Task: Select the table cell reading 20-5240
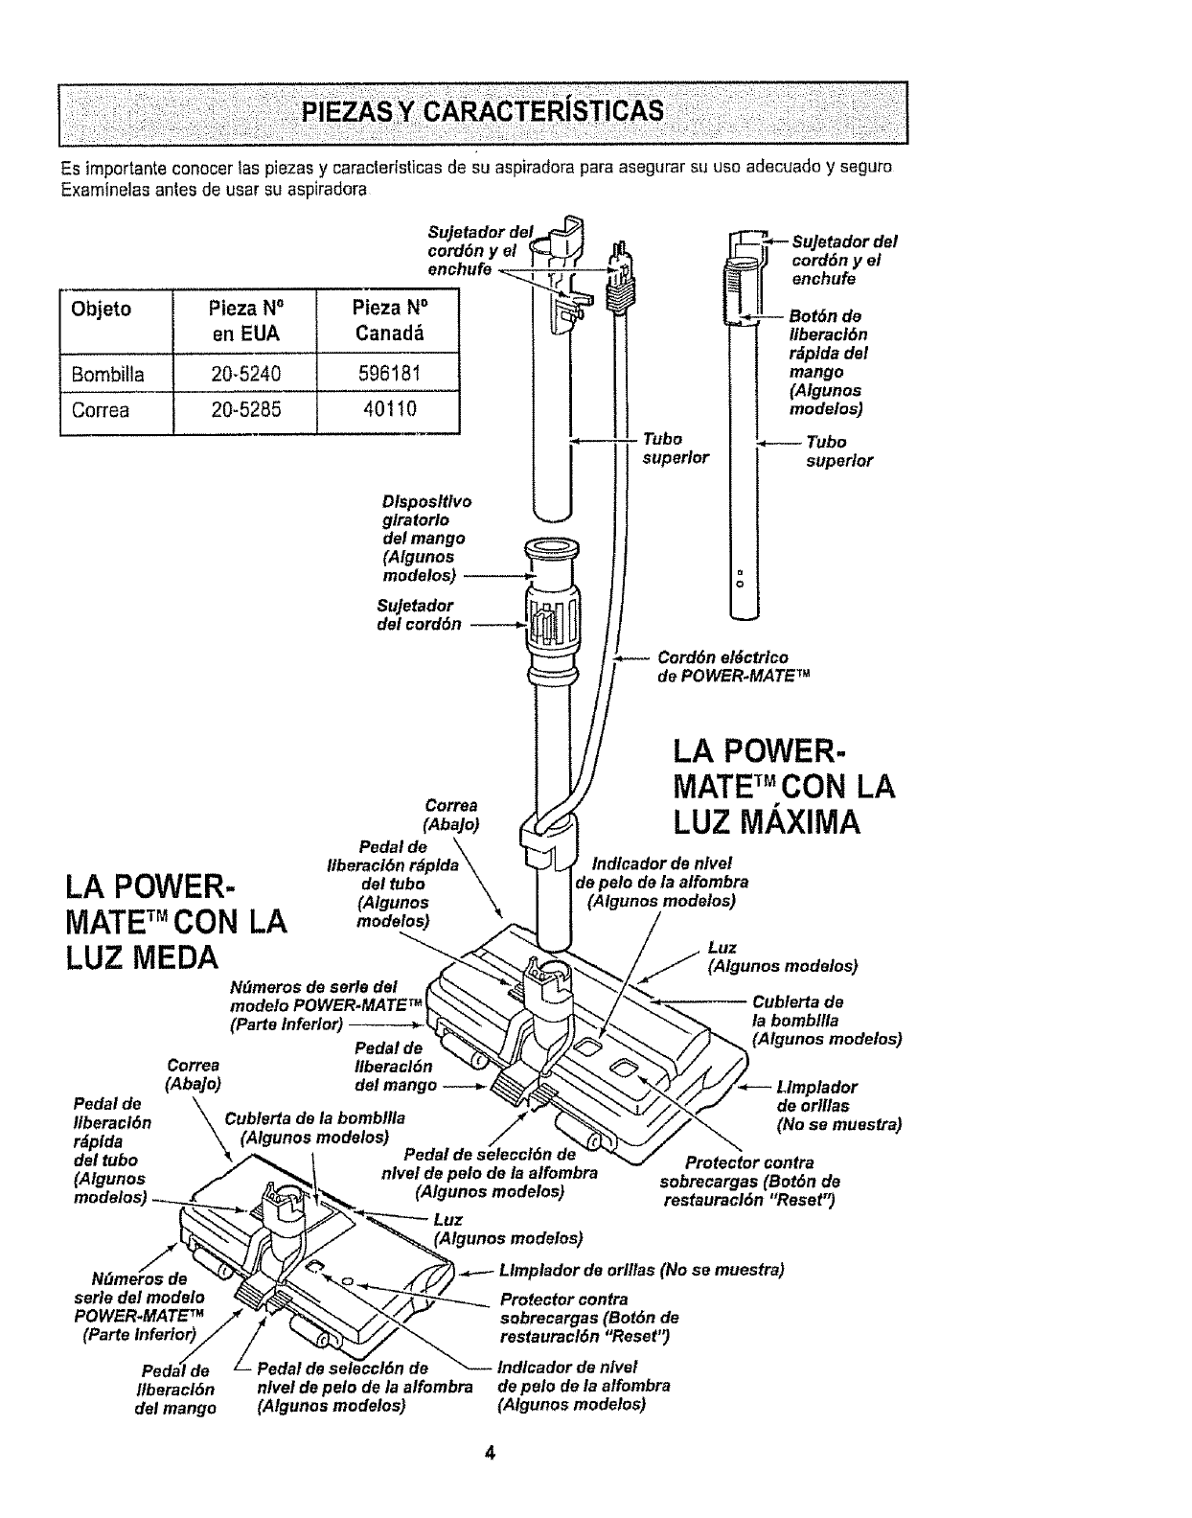click(244, 375)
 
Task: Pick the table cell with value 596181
click(387, 375)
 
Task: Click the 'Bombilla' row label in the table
click(107, 375)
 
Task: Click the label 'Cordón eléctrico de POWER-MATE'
click(732, 666)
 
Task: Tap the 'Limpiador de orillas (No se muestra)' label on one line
click(641, 1271)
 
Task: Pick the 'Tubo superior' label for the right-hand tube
click(837, 450)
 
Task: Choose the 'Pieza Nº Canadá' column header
click(387, 320)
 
